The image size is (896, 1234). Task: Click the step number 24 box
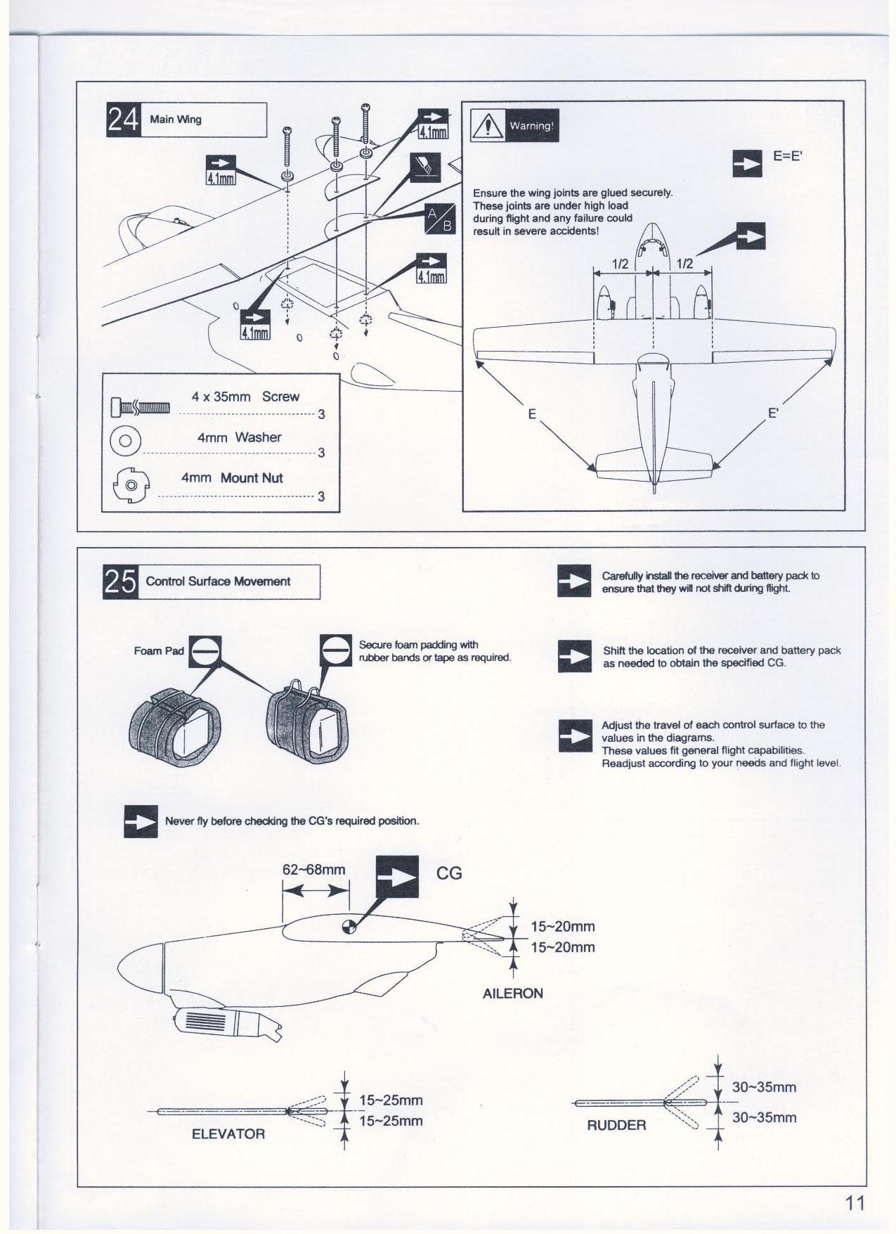tap(123, 120)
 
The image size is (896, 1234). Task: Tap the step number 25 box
tap(120, 581)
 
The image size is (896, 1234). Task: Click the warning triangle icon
tap(485, 126)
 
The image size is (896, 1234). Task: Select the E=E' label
tap(787, 156)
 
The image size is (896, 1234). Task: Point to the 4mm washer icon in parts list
tap(126, 441)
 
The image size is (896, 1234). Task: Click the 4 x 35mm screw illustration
tap(141, 406)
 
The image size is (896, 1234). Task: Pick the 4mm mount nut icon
tap(129, 485)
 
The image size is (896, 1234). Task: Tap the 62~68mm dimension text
tap(314, 870)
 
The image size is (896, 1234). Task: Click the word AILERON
tap(513, 994)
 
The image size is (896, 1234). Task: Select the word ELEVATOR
tap(228, 1133)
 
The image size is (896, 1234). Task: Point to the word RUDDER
tap(616, 1125)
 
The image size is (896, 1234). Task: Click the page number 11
tap(855, 1203)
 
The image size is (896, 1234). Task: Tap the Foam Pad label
tap(159, 651)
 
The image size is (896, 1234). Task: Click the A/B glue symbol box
tap(441, 218)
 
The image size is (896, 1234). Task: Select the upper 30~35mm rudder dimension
tap(764, 1087)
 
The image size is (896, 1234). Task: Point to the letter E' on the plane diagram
tap(773, 413)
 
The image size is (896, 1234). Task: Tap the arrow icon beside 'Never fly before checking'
tap(141, 821)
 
